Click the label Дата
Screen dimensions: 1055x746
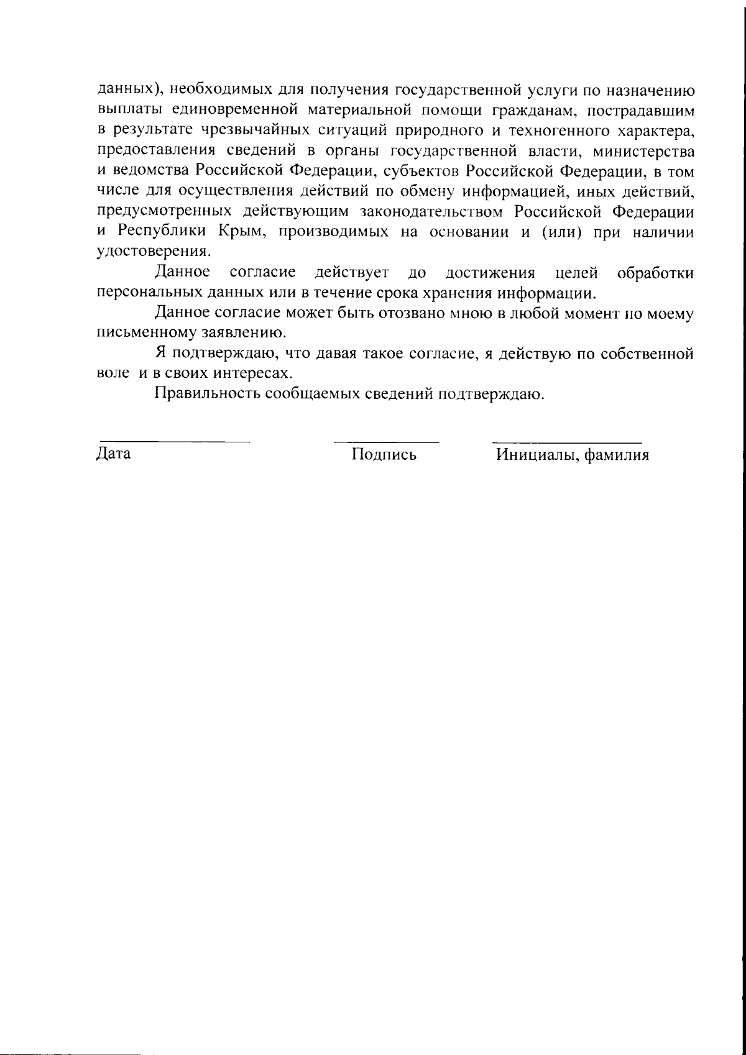(114, 454)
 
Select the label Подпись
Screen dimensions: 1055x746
(384, 455)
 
